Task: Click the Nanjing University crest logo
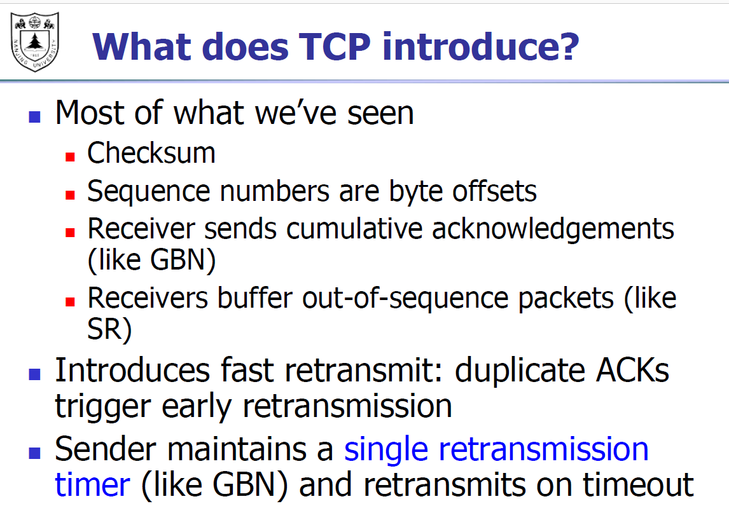point(35,42)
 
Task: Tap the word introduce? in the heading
point(480,46)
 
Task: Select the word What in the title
point(142,47)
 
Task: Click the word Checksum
point(151,153)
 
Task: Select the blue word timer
point(92,484)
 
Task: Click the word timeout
point(638,484)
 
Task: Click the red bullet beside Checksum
point(70,157)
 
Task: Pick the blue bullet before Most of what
point(34,116)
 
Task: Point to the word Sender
point(106,449)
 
